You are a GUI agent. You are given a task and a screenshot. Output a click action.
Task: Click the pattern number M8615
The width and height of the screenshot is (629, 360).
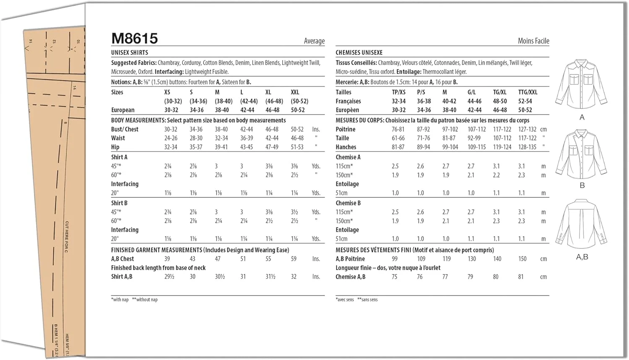coord(135,39)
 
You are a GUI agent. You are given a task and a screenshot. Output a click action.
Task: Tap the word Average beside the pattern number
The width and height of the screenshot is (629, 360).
coord(314,41)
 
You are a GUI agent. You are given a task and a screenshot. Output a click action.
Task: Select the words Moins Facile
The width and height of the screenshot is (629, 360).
coord(533,41)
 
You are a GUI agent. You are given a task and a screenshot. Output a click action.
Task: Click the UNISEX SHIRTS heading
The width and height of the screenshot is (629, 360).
coord(130,52)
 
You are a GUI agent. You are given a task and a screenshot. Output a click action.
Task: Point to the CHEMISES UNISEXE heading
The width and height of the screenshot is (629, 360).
coord(359,52)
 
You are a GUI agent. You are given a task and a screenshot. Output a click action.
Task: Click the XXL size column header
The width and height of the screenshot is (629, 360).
coord(295,92)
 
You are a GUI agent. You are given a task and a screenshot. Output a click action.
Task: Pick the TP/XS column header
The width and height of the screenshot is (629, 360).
coord(399,92)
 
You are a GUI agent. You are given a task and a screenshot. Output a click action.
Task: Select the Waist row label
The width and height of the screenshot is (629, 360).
coord(118,138)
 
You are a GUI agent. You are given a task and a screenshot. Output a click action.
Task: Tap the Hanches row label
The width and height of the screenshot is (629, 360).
coord(346,147)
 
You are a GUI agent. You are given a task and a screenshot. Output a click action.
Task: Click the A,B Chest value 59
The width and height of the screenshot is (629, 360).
coord(294,259)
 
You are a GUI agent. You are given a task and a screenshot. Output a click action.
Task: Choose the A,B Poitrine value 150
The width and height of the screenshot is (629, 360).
coord(522,259)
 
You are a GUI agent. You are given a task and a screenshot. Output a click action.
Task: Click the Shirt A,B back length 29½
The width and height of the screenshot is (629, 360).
coord(169,277)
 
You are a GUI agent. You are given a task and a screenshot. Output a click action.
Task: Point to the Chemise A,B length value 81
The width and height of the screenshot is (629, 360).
coord(521,277)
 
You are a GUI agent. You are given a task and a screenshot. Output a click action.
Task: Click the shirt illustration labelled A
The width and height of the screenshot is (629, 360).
coord(581,84)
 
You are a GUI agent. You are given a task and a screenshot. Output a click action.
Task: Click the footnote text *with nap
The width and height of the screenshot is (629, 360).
coord(120,300)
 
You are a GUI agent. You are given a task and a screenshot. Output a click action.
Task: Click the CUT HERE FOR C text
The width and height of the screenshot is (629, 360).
coord(67,237)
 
